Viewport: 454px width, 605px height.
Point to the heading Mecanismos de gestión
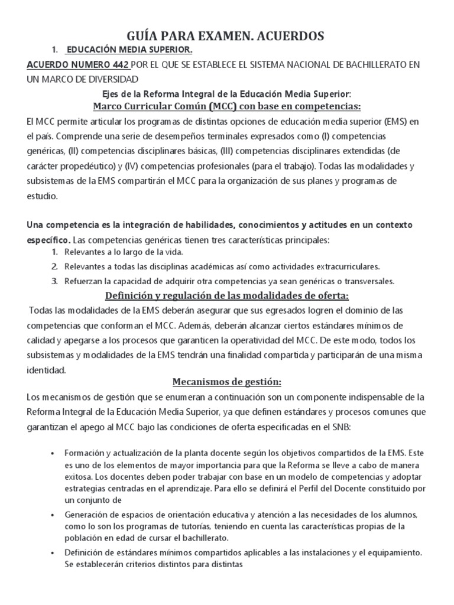pos(227,382)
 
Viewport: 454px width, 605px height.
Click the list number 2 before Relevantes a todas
pos(54,266)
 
